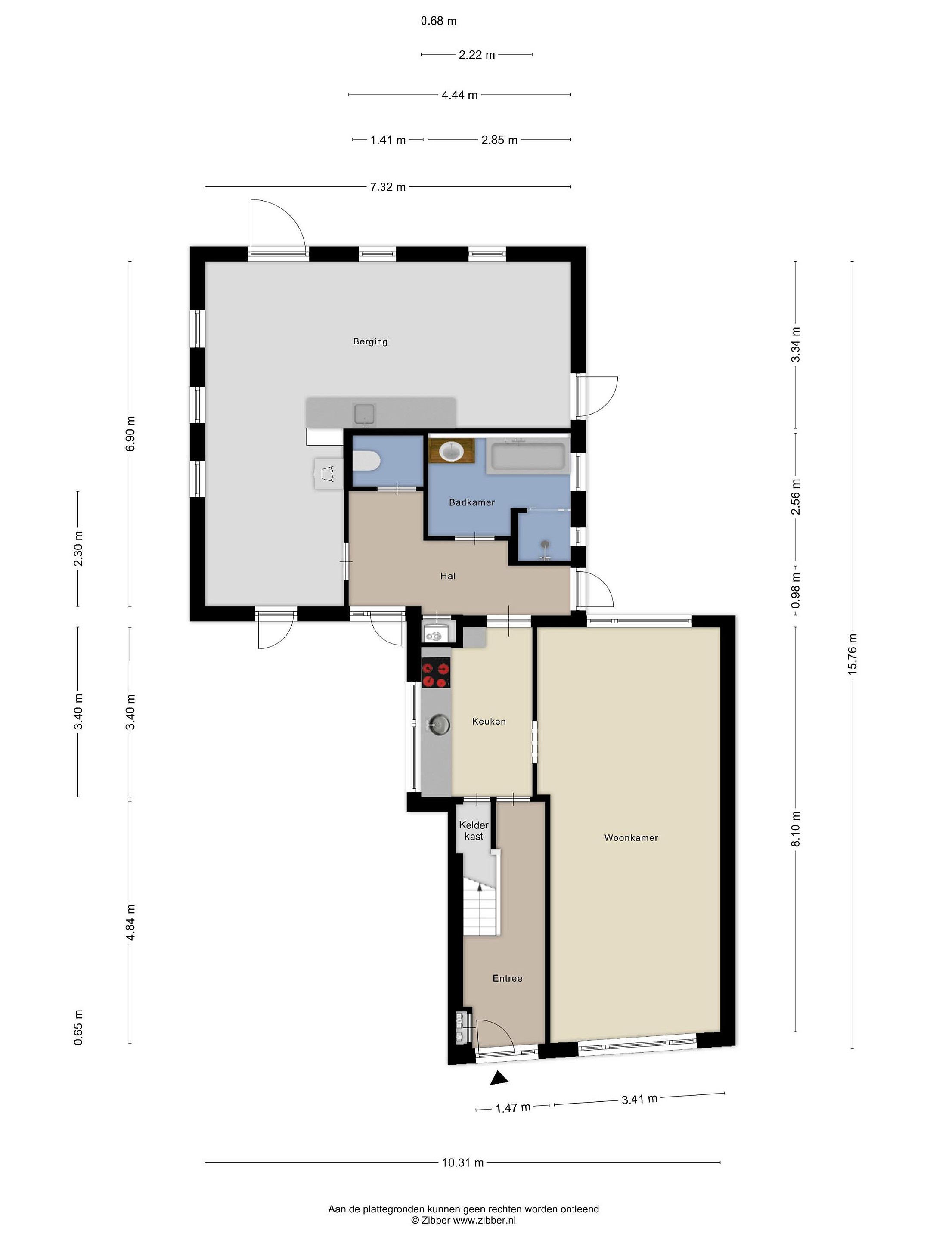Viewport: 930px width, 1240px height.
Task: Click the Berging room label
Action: click(370, 341)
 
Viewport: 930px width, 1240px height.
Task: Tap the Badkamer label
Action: click(471, 502)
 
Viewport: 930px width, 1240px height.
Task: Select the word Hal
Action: click(448, 576)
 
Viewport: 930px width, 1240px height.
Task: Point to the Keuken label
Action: click(489, 722)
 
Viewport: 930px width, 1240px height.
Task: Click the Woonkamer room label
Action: click(631, 837)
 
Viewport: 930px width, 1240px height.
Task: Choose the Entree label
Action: click(507, 978)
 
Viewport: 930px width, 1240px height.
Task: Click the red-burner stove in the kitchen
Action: click(436, 675)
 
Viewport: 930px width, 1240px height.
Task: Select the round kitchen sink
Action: click(438, 725)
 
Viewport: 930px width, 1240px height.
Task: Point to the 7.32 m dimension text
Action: click(387, 187)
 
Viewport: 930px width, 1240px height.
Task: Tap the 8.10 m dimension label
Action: click(796, 830)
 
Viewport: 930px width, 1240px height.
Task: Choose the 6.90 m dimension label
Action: click(130, 433)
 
